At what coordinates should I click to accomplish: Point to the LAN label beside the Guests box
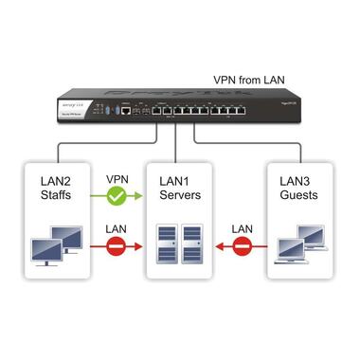tap(241, 229)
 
